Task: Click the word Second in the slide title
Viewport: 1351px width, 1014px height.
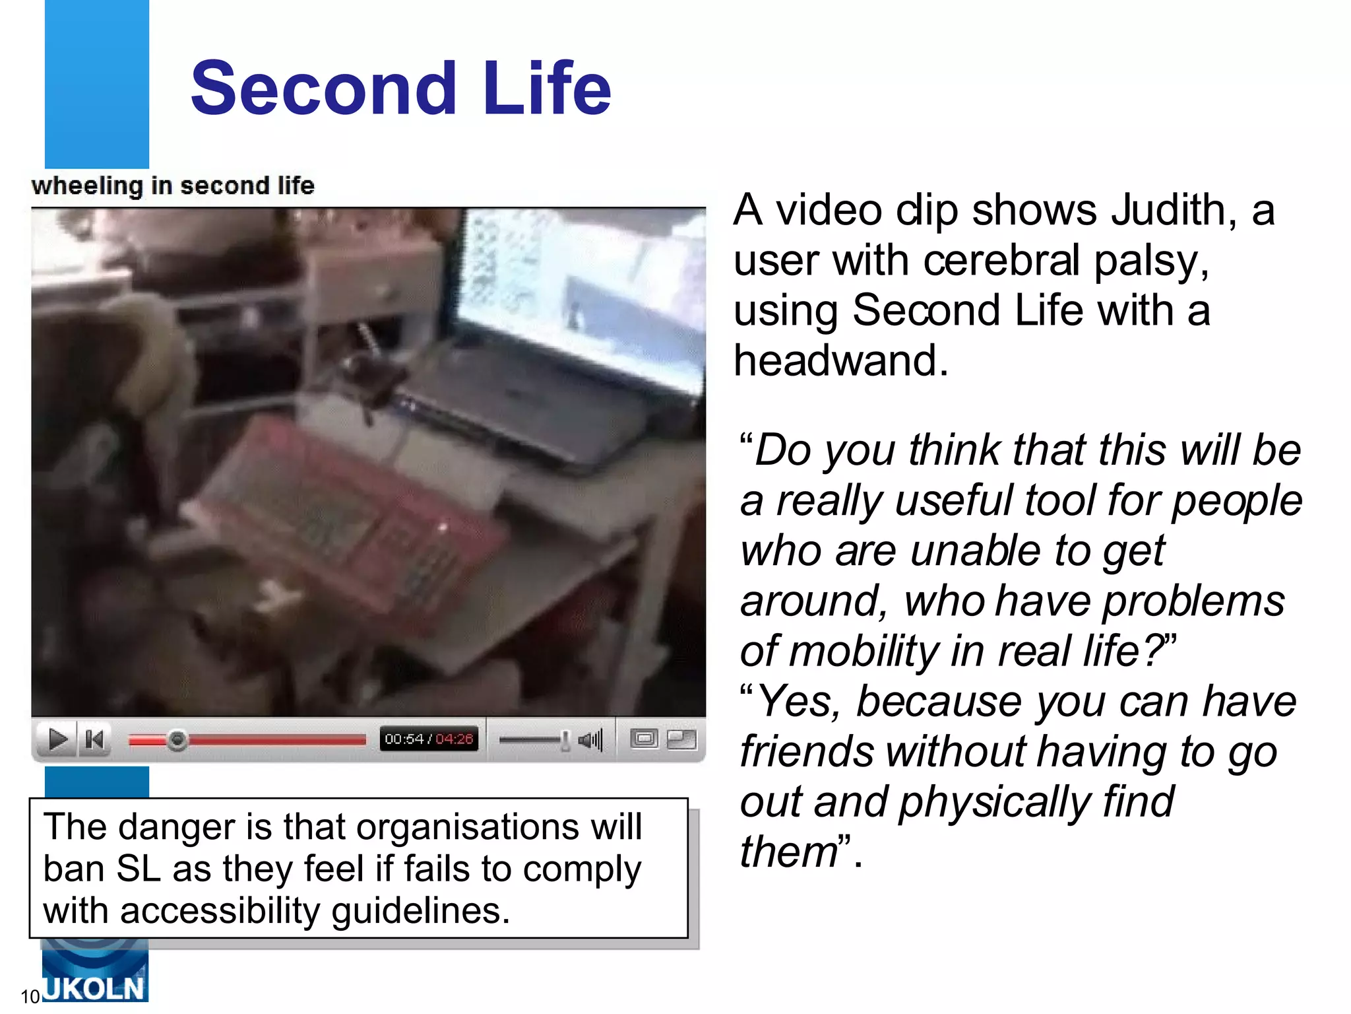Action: [x=323, y=88]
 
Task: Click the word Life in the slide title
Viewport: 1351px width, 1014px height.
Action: [x=547, y=88]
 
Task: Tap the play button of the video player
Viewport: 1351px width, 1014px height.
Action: [x=58, y=739]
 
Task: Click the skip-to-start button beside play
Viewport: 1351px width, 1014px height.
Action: [x=95, y=739]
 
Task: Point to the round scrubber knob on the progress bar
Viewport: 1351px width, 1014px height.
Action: [x=177, y=740]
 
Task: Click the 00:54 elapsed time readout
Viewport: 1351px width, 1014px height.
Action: [x=404, y=739]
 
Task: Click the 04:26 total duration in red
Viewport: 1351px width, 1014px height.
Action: [x=455, y=739]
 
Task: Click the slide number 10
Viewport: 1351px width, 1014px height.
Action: [x=30, y=996]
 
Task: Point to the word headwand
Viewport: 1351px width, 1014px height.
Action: [x=840, y=360]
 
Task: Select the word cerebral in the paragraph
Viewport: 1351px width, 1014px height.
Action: [x=1001, y=260]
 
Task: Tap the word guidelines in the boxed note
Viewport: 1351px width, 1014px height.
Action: [x=420, y=911]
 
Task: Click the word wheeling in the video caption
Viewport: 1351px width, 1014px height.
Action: [x=86, y=186]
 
